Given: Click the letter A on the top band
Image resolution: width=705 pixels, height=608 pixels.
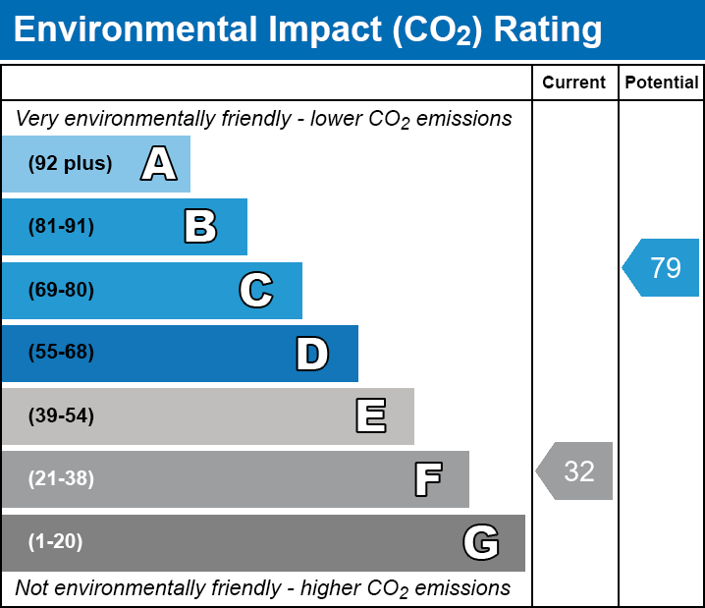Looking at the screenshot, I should (x=159, y=164).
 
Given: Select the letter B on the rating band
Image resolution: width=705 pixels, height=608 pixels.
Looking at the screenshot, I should (x=200, y=227).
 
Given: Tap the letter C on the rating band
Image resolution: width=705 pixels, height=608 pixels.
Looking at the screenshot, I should (x=255, y=291).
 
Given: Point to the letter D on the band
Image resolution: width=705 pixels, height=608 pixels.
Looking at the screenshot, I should (x=312, y=354).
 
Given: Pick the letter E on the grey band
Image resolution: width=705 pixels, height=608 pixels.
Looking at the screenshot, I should (x=370, y=416).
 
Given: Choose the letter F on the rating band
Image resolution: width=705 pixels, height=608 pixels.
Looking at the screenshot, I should (x=427, y=479).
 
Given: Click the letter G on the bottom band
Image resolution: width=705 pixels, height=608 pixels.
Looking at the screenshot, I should (x=481, y=542).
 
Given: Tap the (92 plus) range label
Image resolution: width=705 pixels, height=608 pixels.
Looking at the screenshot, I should (x=70, y=164).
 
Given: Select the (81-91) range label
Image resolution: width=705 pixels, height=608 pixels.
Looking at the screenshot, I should (x=61, y=227).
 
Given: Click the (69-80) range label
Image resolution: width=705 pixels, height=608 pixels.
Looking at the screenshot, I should (x=61, y=291).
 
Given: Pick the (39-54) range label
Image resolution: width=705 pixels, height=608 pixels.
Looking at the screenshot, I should (x=61, y=416).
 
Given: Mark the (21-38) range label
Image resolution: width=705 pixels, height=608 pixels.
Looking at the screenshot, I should (x=61, y=479).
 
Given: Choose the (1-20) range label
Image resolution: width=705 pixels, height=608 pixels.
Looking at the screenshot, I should (x=56, y=542).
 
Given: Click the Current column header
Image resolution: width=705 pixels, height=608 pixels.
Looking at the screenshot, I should (x=574, y=83).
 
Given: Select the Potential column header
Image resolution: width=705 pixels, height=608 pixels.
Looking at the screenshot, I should (x=662, y=83).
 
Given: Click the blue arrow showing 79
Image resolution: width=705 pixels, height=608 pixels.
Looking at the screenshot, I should (x=663, y=267).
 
